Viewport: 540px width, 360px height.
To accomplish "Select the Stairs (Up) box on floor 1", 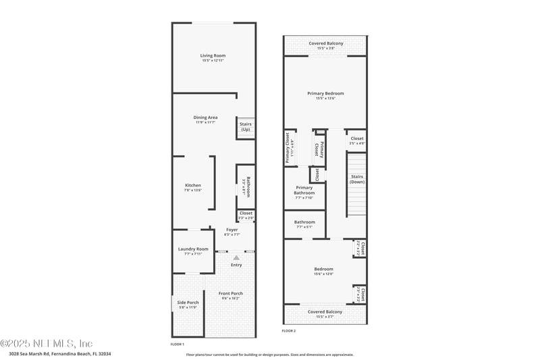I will pos(245,126).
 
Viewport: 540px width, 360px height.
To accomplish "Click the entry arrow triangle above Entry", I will pos(236,257).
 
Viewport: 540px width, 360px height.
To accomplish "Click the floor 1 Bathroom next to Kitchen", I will pos(246,186).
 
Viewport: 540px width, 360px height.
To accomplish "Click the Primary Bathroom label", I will pos(304,192).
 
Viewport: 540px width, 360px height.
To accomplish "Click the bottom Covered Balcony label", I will pos(325,312).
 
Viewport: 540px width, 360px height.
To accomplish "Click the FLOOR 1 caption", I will pos(177,344).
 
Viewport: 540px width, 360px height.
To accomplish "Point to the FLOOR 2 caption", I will pos(289,331).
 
